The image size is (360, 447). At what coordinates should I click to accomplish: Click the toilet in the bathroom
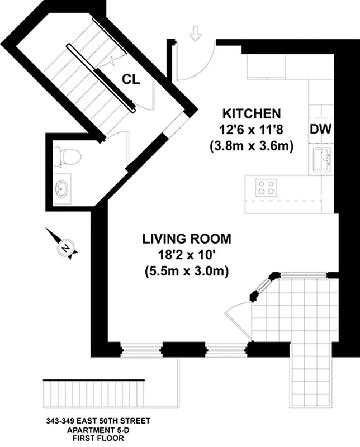(x=68, y=156)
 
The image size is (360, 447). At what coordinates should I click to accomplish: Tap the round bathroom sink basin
(x=61, y=188)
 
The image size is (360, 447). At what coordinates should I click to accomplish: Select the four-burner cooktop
(x=266, y=188)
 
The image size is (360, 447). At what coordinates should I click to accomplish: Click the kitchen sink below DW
(x=321, y=160)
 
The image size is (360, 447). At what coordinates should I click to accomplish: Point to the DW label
(x=320, y=129)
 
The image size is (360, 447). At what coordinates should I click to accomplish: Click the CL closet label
(x=131, y=79)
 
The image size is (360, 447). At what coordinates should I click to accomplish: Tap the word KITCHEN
(x=252, y=113)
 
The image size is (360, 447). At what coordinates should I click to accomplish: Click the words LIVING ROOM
(x=187, y=239)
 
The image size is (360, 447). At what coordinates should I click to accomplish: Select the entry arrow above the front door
(x=196, y=34)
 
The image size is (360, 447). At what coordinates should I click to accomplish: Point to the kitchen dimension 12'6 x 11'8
(x=251, y=130)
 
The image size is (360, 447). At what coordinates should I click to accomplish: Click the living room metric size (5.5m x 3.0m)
(x=187, y=271)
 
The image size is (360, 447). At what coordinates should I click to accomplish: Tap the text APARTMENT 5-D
(x=98, y=430)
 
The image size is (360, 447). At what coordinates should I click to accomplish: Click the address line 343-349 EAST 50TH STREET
(x=98, y=421)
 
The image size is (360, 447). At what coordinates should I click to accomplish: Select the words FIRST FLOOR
(x=98, y=438)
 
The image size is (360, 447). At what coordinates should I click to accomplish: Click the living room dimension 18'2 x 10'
(x=187, y=255)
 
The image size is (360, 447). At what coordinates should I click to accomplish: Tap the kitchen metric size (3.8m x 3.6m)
(x=252, y=146)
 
